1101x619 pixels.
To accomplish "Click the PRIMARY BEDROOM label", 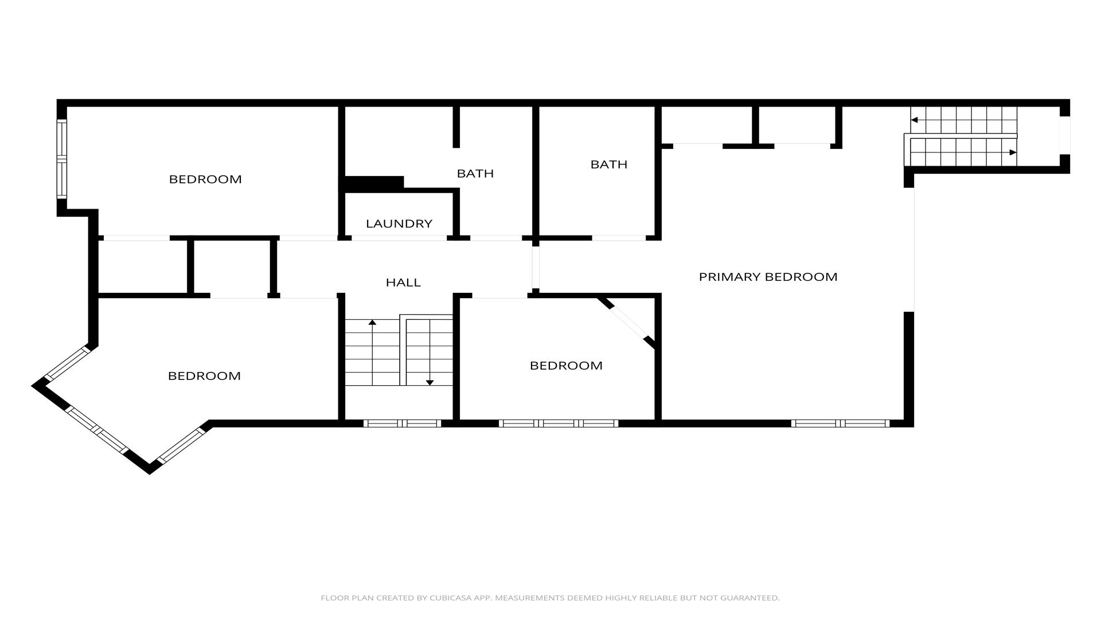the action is click(768, 277).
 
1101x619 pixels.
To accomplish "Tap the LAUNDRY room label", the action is click(399, 224).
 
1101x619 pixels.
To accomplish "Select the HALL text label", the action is click(403, 282).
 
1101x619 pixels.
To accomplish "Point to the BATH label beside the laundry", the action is click(475, 173).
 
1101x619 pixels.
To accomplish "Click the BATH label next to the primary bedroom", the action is click(609, 164).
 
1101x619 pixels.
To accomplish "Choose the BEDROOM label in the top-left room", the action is click(205, 179).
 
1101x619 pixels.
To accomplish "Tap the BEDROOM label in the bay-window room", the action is click(204, 376).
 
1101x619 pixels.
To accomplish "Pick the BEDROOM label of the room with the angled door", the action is click(566, 366).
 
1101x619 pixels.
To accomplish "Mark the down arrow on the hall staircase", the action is click(430, 352).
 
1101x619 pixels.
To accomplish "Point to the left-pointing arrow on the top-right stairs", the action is click(963, 120).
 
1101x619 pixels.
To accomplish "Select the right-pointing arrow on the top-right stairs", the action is click(963, 152).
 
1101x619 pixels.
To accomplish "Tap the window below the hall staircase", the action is click(402, 424).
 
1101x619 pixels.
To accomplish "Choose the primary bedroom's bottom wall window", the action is click(840, 424).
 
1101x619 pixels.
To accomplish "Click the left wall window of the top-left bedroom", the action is click(62, 159).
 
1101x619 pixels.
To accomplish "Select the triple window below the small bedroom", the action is click(559, 424).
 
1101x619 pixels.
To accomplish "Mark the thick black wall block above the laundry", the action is click(373, 183).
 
